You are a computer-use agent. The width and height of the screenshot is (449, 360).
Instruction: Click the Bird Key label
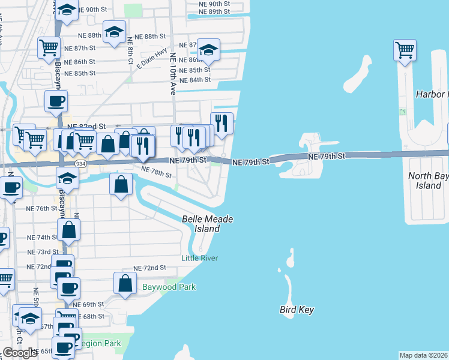[297, 310]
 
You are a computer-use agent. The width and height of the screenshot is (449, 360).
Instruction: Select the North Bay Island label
[428, 181]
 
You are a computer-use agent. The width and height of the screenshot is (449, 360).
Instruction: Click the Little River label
[200, 258]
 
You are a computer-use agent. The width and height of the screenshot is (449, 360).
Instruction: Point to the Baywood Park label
[169, 287]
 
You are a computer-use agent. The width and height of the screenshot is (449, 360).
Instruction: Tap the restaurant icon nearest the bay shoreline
[221, 123]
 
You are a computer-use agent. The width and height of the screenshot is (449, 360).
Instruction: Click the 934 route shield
[80, 164]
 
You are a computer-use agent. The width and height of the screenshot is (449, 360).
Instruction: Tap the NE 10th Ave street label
[173, 74]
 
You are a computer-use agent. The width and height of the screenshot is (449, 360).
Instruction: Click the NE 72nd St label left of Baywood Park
[149, 268]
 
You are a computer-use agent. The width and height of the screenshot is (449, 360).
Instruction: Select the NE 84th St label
[195, 80]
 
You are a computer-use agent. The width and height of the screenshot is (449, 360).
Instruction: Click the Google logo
[20, 353]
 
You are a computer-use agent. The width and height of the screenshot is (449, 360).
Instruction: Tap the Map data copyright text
[423, 355]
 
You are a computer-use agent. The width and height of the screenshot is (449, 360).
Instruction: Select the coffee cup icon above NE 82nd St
[56, 101]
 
